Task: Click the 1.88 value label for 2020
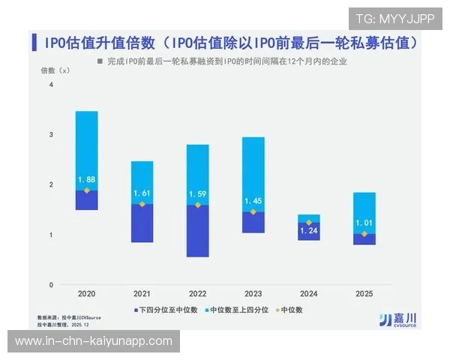coord(87,179)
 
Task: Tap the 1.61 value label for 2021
coord(142,193)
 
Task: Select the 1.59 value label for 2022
coord(198,194)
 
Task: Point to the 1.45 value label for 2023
coord(253,201)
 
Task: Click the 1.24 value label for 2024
coord(309,230)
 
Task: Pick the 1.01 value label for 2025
coord(364,223)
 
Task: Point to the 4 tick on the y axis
coord(51,85)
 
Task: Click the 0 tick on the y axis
coord(51,285)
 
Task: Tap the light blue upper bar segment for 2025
coord(364,206)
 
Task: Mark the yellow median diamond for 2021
coord(142,204)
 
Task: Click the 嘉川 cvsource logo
coord(397,319)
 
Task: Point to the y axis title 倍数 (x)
coord(55,70)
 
